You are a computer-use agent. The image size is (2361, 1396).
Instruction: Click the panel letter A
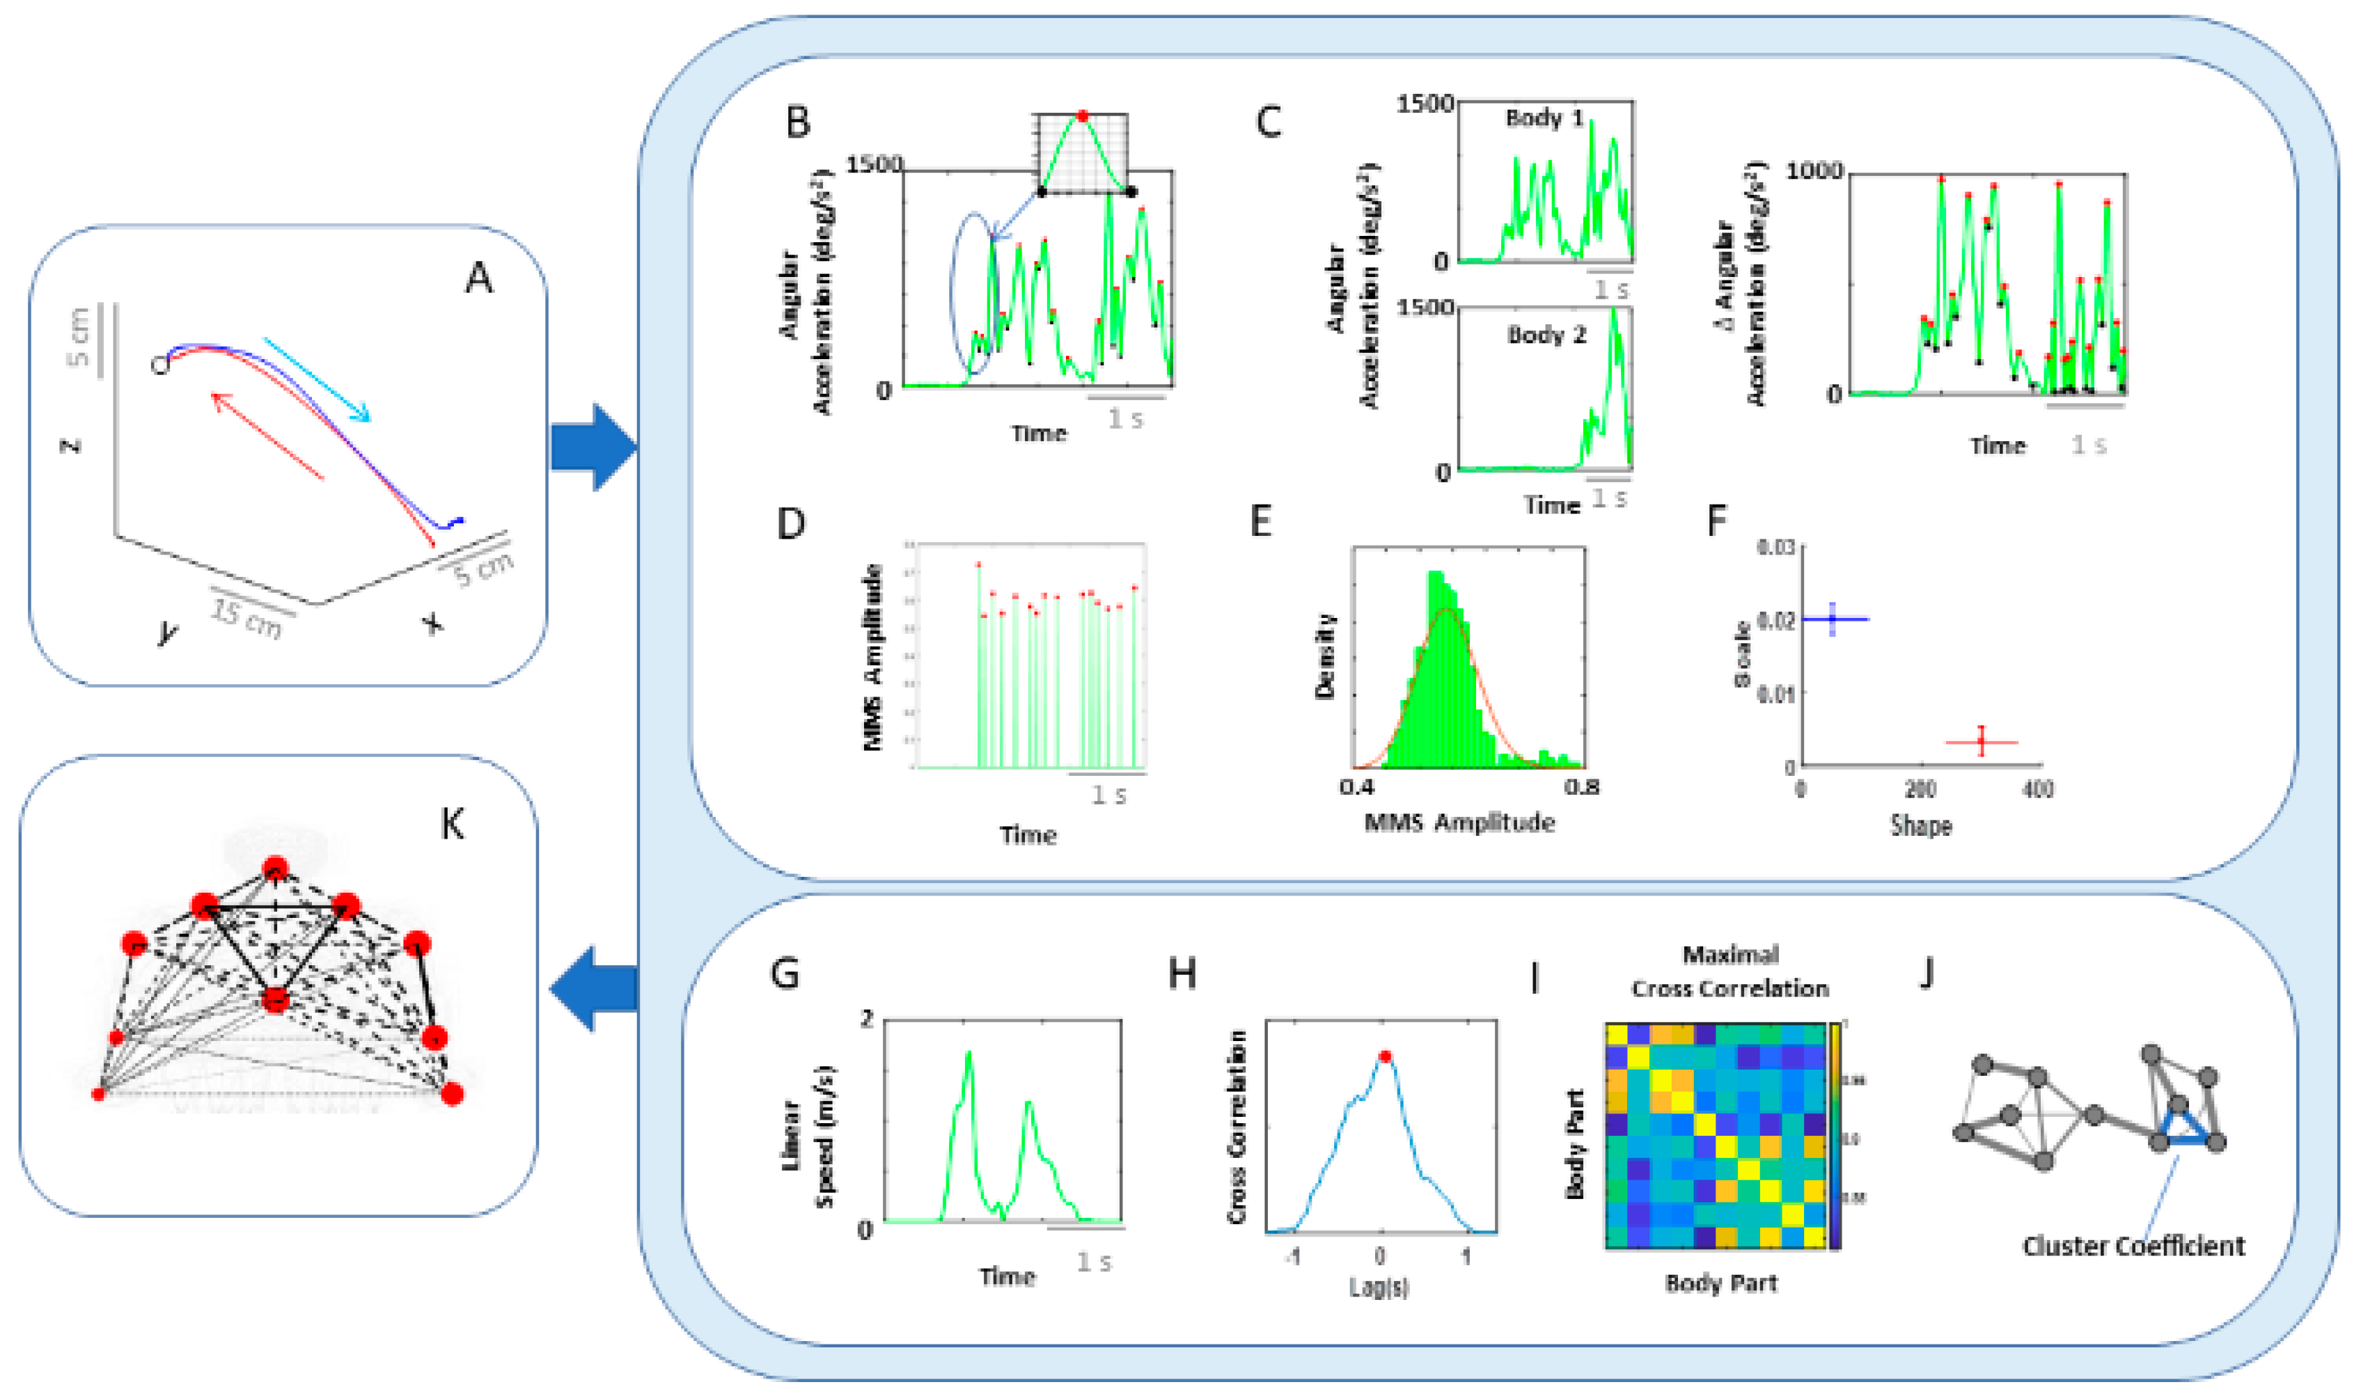coord(479,278)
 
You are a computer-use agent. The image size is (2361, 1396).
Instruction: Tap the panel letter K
coord(453,824)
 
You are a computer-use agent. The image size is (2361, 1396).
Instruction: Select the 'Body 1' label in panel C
coord(1544,118)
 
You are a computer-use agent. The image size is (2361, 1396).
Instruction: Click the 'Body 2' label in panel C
coord(1546,335)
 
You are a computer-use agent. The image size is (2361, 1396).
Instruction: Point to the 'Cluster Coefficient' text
coord(2133,1246)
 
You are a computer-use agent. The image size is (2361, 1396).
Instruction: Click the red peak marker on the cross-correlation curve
coord(1384,1056)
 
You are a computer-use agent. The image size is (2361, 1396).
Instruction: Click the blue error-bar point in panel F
coord(1832,619)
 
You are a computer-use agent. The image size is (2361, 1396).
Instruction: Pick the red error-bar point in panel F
coord(1982,743)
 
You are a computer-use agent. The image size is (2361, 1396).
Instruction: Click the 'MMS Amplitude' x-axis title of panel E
coord(1459,823)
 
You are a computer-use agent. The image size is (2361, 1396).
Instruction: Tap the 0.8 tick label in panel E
coord(1581,786)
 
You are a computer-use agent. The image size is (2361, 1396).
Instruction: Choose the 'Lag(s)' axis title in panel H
coord(1379,1287)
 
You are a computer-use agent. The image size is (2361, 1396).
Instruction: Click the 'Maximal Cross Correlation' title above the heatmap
coord(1729,971)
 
